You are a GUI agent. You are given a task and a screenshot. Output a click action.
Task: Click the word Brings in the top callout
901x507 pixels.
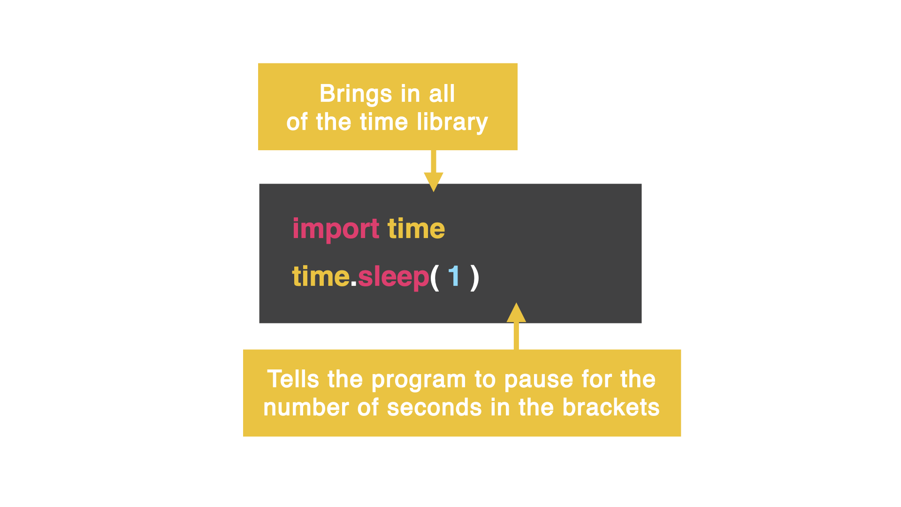coord(355,94)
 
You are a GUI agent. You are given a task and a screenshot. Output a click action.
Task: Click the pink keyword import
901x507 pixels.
coord(336,229)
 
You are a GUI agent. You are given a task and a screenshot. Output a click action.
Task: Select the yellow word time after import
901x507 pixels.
coord(416,229)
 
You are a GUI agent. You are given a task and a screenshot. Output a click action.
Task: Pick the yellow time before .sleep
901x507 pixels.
coord(321,277)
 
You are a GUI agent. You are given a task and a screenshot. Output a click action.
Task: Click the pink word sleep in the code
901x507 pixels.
coord(393,277)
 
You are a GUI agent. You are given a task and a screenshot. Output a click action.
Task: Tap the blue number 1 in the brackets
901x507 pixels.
coord(454,276)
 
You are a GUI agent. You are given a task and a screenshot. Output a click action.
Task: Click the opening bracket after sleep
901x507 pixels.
coord(435,277)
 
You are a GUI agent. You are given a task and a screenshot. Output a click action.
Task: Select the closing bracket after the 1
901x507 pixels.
coord(475,277)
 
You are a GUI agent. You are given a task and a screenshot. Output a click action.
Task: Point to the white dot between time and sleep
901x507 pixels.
coord(354,284)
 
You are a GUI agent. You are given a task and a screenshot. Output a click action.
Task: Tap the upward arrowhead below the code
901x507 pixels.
coord(516,313)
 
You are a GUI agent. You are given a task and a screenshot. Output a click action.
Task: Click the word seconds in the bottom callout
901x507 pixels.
coord(434,407)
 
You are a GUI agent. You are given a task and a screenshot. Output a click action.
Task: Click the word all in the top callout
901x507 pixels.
coord(442,94)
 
